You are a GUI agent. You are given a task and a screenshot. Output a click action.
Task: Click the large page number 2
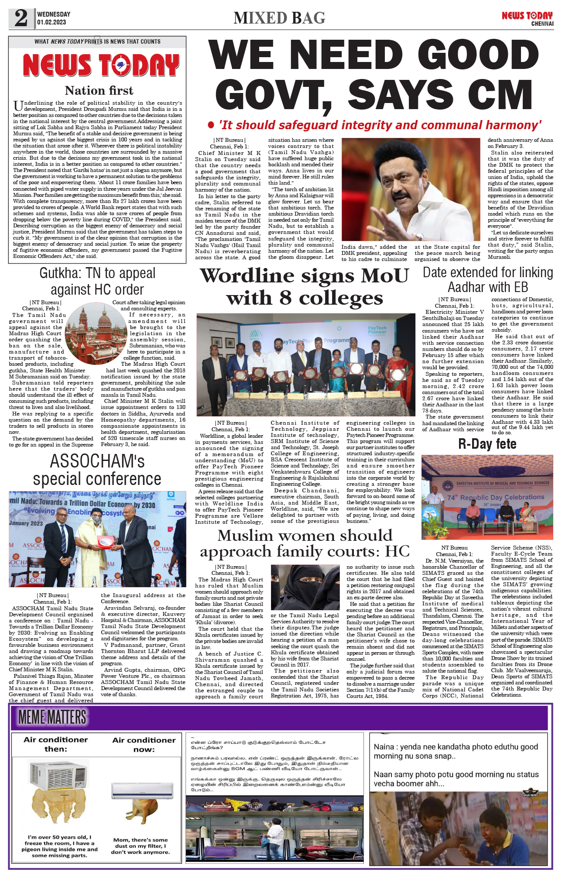21,18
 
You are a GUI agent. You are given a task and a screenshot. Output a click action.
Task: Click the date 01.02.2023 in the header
51,22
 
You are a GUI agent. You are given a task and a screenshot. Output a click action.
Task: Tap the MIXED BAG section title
279,18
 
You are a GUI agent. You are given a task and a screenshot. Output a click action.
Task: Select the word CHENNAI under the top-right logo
542,24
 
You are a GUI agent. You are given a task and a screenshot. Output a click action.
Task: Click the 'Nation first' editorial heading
99,91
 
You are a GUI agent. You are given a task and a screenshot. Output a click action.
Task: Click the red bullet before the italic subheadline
211,126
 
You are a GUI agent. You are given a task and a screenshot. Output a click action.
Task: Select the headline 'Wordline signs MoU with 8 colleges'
305,287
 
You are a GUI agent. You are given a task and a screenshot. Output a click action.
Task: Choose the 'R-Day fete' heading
487,444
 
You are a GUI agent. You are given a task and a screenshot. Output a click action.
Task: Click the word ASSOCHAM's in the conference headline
97,461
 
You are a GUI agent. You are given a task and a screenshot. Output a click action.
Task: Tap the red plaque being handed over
105,542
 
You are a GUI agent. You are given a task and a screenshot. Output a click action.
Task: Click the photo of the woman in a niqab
305,587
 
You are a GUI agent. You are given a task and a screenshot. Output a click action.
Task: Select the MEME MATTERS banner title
52,717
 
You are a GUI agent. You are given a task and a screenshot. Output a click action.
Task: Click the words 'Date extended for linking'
488,272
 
